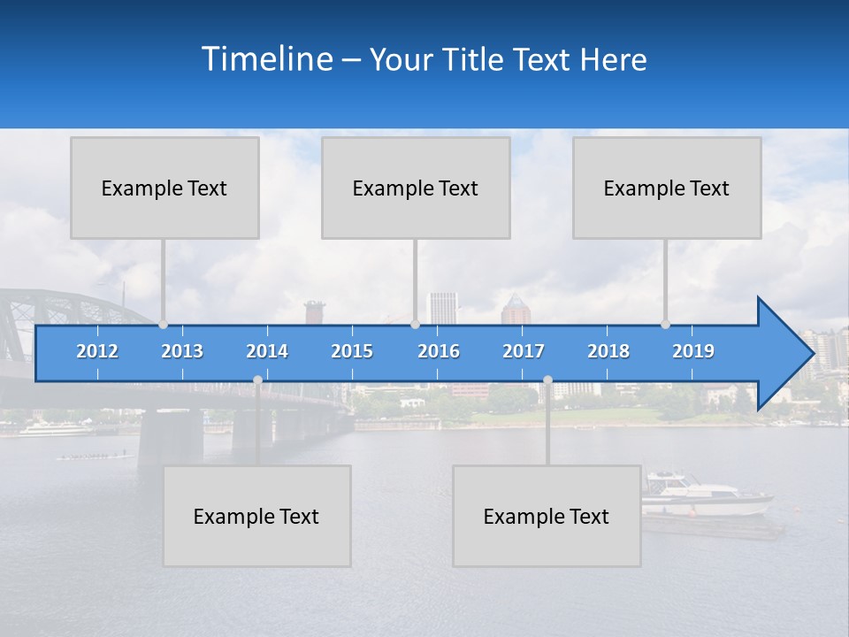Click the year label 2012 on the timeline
click(97, 351)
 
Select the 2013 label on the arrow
click(182, 351)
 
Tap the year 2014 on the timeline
click(267, 351)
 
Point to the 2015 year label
click(352, 351)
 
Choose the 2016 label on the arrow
click(439, 351)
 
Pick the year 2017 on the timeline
click(524, 351)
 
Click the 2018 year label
click(608, 351)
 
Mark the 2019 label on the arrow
click(693, 351)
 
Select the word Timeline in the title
click(266, 59)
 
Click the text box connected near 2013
click(164, 188)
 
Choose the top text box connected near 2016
click(416, 188)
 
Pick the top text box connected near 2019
click(667, 188)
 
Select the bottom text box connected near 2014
click(256, 516)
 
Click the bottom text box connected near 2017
click(547, 516)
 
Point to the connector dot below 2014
click(257, 380)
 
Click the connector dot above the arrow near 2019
click(665, 324)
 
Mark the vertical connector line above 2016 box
click(415, 279)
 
